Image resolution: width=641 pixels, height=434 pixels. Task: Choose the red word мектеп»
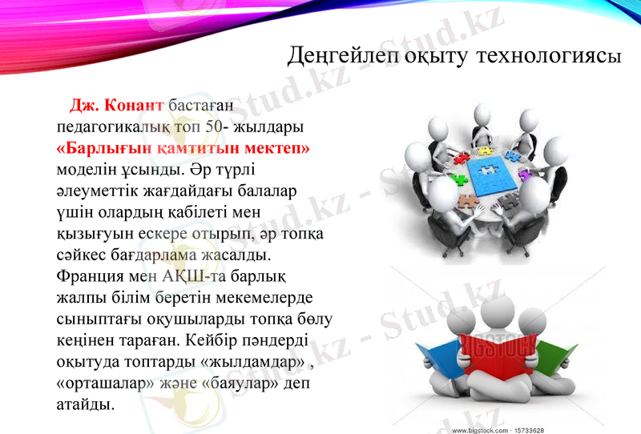click(273, 149)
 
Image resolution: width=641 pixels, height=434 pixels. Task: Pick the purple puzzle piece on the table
click(524, 174)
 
